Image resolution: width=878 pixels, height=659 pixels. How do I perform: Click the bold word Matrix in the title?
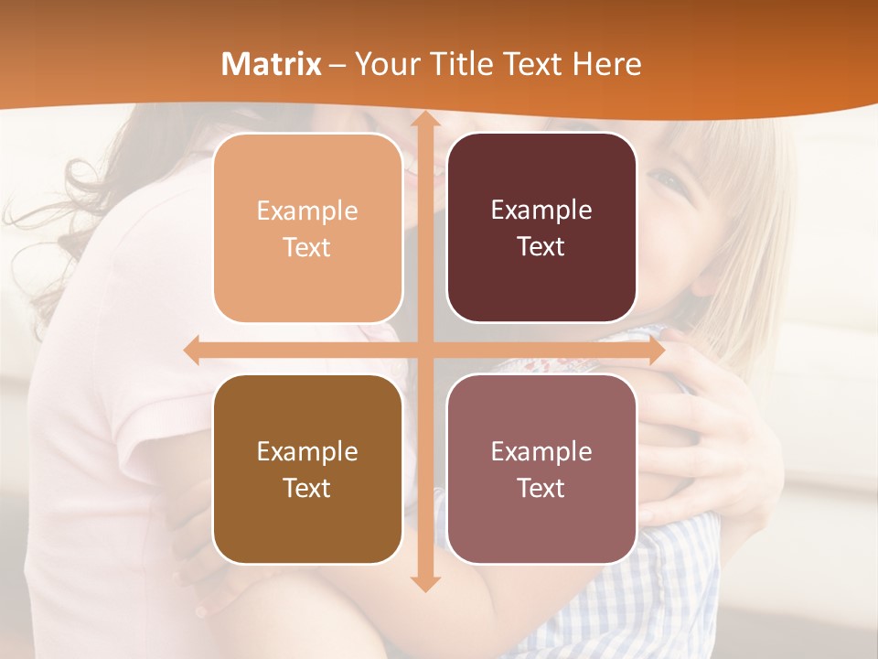(x=272, y=64)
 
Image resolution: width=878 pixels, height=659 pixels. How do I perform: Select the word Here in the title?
(x=606, y=64)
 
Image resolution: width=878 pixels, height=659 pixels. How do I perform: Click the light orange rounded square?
(x=307, y=229)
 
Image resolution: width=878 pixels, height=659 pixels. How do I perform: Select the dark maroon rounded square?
(x=541, y=228)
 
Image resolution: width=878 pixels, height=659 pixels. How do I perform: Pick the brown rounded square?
(x=307, y=470)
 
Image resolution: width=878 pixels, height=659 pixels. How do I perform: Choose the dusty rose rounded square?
(x=541, y=470)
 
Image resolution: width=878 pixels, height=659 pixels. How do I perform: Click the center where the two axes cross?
(x=423, y=350)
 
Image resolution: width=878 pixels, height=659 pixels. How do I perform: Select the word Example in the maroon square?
(x=541, y=210)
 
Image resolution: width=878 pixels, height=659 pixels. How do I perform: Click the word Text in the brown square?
(x=307, y=488)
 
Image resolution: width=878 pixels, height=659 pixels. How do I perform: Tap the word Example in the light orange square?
(x=307, y=211)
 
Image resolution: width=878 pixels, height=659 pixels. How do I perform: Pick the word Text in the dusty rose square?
(x=541, y=488)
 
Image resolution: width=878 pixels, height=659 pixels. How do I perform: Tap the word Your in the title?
(x=383, y=64)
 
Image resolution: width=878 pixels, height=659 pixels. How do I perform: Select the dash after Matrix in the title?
(x=337, y=65)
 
